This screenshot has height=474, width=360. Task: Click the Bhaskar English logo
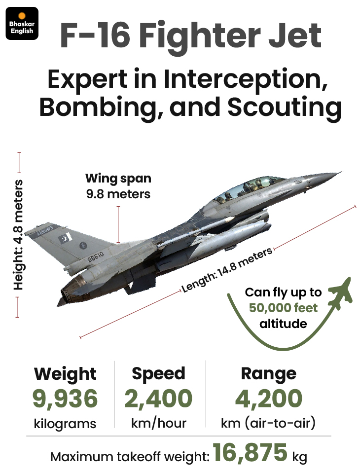click(22, 23)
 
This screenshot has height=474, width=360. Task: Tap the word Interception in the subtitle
click(246, 79)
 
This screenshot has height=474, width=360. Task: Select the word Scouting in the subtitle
click(285, 108)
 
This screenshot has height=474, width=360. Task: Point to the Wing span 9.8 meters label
click(118, 186)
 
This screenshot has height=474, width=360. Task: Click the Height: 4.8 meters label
click(18, 235)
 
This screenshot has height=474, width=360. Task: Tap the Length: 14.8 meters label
click(227, 270)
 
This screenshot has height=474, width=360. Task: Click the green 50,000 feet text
click(283, 308)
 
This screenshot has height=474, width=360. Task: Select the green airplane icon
click(340, 293)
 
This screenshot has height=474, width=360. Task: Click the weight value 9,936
click(65, 398)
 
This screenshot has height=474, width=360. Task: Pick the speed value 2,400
click(158, 398)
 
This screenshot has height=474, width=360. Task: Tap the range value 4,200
click(268, 398)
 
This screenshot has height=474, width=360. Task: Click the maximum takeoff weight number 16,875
click(250, 452)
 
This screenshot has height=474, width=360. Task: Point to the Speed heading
click(158, 374)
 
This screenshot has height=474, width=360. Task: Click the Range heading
click(268, 374)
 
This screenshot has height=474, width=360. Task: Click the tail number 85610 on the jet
click(96, 256)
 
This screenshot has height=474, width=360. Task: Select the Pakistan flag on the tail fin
click(65, 238)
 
